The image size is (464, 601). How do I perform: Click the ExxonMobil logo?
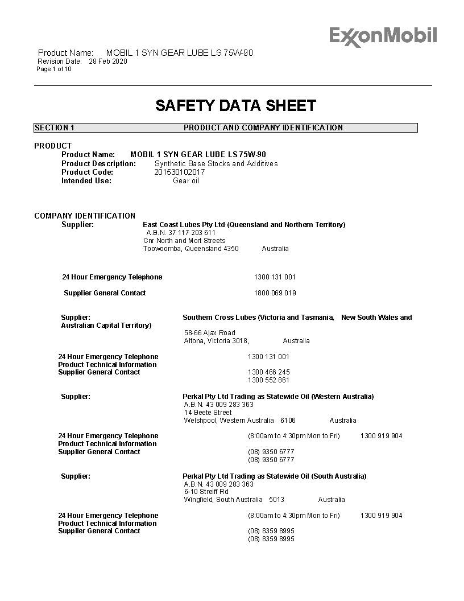pyautogui.click(x=383, y=36)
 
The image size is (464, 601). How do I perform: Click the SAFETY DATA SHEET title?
pyautogui.click(x=235, y=106)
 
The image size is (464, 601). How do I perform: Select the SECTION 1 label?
pyautogui.click(x=55, y=128)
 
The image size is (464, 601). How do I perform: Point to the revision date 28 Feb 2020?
pyautogui.click(x=108, y=61)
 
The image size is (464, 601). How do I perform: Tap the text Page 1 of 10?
pyautogui.click(x=54, y=69)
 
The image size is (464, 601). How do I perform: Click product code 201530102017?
pyautogui.click(x=180, y=172)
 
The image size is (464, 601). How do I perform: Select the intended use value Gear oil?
pyautogui.click(x=186, y=181)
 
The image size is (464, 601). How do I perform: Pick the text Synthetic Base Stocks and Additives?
pyautogui.click(x=216, y=164)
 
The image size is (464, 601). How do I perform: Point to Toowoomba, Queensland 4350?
pyautogui.click(x=191, y=249)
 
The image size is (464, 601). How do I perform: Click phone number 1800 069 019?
pyautogui.click(x=275, y=293)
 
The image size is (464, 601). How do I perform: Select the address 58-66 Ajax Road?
pyautogui.click(x=209, y=333)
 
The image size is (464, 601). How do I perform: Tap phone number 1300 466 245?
pyautogui.click(x=268, y=372)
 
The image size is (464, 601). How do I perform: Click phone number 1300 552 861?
pyautogui.click(x=268, y=380)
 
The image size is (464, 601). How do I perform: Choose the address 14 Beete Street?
pyautogui.click(x=208, y=413)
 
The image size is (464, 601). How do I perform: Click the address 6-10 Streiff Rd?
pyautogui.click(x=206, y=492)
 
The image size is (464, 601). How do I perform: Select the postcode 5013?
pyautogui.click(x=276, y=500)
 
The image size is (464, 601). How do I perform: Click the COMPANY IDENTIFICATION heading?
pyautogui.click(x=85, y=216)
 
